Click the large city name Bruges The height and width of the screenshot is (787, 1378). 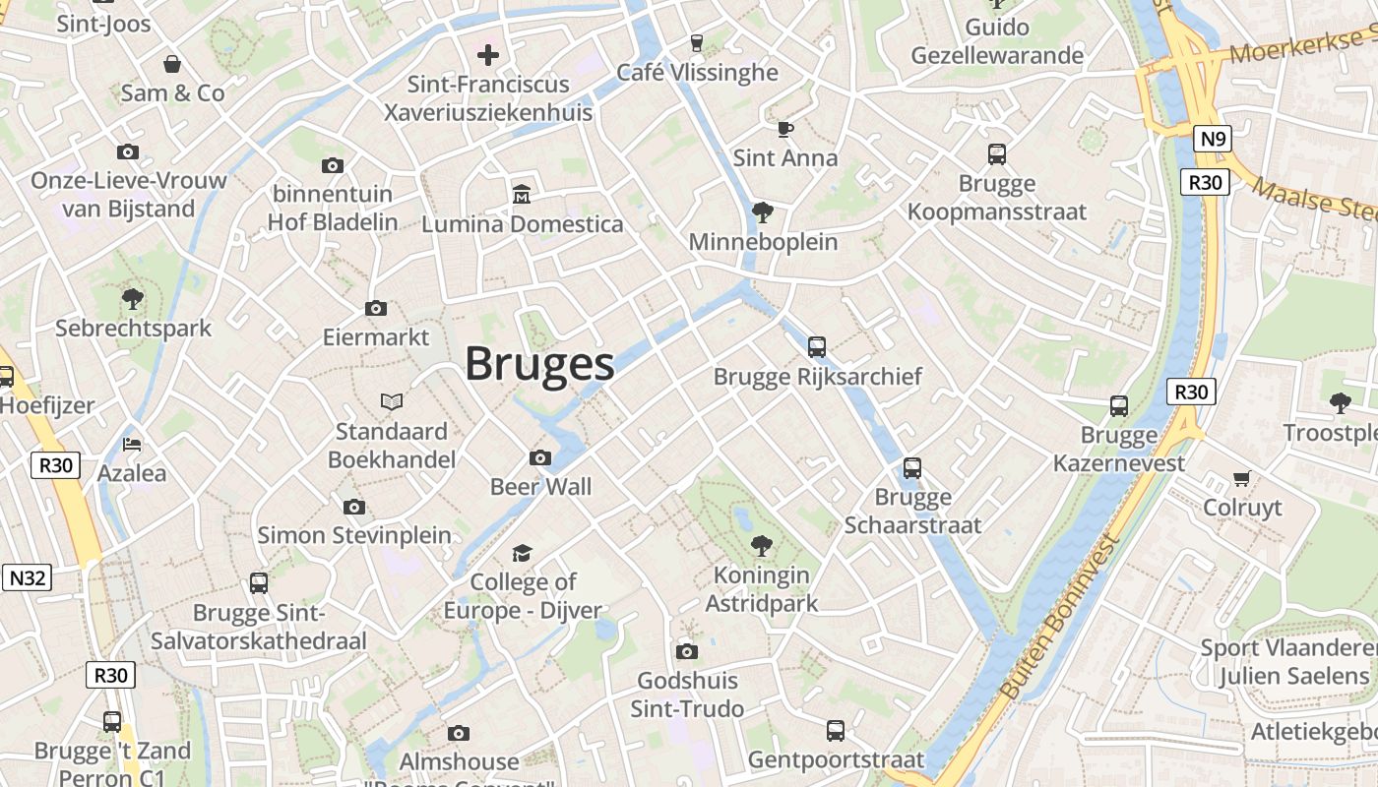coord(539,364)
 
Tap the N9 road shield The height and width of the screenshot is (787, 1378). coord(1214,139)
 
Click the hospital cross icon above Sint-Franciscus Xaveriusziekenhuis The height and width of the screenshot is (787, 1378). coord(488,55)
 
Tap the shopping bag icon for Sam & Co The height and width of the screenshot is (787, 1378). coord(172,64)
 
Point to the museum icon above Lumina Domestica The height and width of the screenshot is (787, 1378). coord(521,195)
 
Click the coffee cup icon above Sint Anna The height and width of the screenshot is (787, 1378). coord(784,129)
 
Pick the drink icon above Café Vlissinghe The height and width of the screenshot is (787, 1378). coord(697,42)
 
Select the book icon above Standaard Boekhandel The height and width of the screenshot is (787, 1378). coord(392,402)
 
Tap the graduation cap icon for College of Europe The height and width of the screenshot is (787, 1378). coord(521,553)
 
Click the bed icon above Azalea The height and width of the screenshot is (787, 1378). coord(132,445)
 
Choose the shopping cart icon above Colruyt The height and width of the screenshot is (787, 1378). coord(1242,479)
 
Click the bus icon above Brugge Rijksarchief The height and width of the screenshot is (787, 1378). coord(816,347)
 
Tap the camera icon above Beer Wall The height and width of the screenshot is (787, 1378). coord(540,457)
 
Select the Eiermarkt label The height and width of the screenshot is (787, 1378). coord(376,337)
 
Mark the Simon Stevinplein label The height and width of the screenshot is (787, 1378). coord(354,535)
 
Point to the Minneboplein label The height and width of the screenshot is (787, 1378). coord(763,242)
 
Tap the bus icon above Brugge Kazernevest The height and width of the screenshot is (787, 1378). coord(1118,406)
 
